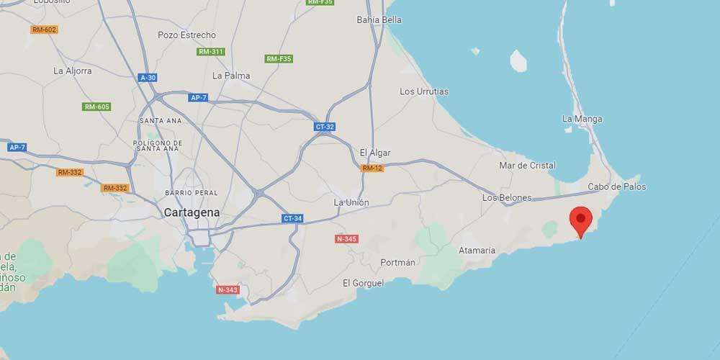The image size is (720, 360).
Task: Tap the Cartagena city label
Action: tap(192, 212)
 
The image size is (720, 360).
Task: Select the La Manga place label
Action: tap(582, 119)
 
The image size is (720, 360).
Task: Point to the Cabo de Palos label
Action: tap(617, 186)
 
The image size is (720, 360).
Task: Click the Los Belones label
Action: tap(507, 197)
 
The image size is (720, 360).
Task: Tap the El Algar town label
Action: tap(374, 152)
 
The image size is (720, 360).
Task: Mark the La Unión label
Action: tap(351, 202)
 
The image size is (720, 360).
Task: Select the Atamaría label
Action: tap(477, 250)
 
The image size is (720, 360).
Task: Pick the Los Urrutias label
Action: tap(424, 91)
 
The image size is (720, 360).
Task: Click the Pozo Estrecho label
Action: tap(186, 35)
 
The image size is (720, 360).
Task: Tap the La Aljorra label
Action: tap(73, 71)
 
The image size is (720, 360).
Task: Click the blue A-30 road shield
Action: tap(148, 77)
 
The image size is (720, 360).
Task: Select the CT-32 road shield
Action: tap(325, 126)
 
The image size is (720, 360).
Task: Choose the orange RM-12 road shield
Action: tap(372, 168)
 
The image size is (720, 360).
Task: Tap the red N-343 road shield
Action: tap(227, 289)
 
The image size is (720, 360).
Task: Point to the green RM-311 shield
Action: tap(211, 52)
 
